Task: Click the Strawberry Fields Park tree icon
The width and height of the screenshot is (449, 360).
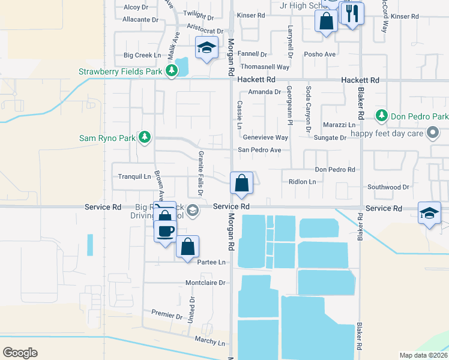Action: pyautogui.click(x=172, y=72)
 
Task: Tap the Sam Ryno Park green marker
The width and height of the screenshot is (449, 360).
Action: pyautogui.click(x=144, y=138)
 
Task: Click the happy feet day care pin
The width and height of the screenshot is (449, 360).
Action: pyautogui.click(x=432, y=133)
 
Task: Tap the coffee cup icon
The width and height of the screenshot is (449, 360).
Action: pyautogui.click(x=166, y=230)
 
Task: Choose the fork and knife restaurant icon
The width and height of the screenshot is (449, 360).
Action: pyautogui.click(x=352, y=13)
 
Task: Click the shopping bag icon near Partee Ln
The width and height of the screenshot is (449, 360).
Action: pyautogui.click(x=187, y=247)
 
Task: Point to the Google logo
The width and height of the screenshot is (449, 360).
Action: pyautogui.click(x=20, y=353)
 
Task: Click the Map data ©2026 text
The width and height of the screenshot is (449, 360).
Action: pyautogui.click(x=423, y=355)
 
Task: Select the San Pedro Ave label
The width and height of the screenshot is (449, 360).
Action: pyautogui.click(x=259, y=150)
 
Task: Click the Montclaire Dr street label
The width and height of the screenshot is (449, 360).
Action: pyautogui.click(x=205, y=282)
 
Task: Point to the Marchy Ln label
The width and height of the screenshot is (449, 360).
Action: pyautogui.click(x=209, y=342)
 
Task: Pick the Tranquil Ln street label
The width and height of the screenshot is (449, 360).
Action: pyautogui.click(x=134, y=176)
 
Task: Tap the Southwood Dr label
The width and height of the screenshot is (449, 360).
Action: pyautogui.click(x=388, y=187)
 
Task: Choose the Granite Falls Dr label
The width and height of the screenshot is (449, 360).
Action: pyautogui.click(x=200, y=173)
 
